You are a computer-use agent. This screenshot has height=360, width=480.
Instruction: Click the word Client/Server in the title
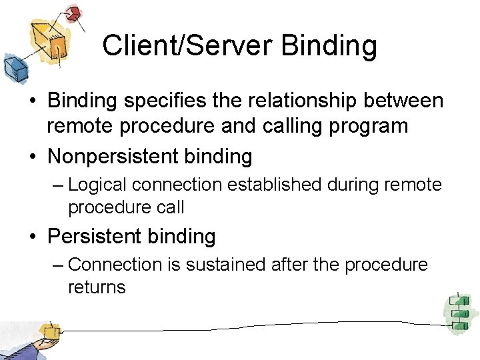[187, 46]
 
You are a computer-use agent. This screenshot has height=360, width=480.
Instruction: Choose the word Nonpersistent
[114, 157]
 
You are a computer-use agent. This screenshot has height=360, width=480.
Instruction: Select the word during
[354, 184]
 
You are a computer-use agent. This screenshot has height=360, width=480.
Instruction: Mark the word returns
[97, 287]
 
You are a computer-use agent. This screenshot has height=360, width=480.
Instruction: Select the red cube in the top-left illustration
[74, 13]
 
